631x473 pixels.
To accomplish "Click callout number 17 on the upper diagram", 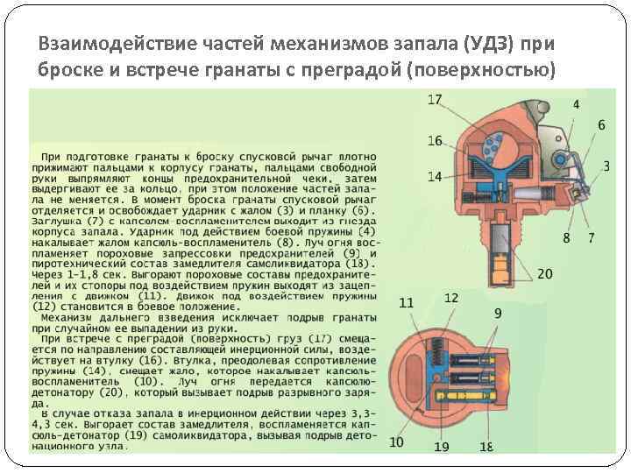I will pyautogui.click(x=435, y=100).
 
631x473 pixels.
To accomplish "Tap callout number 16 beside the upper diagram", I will pyautogui.click(x=436, y=140).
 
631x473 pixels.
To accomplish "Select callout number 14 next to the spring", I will pyautogui.click(x=435, y=176).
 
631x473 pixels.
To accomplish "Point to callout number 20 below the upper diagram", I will pyautogui.click(x=545, y=273).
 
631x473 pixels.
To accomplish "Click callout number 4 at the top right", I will pyautogui.click(x=576, y=104).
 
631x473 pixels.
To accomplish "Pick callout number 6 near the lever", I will pyautogui.click(x=601, y=125).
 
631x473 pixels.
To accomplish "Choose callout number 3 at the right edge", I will pyautogui.click(x=606, y=166).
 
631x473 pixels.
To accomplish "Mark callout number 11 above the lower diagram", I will pyautogui.click(x=407, y=303).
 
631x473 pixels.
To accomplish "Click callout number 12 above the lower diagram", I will pyautogui.click(x=450, y=298).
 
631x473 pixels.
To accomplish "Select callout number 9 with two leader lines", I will pyautogui.click(x=498, y=313).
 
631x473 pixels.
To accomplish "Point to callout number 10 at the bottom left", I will pyautogui.click(x=397, y=442).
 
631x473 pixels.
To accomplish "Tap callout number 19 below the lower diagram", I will pyautogui.click(x=441, y=447).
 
